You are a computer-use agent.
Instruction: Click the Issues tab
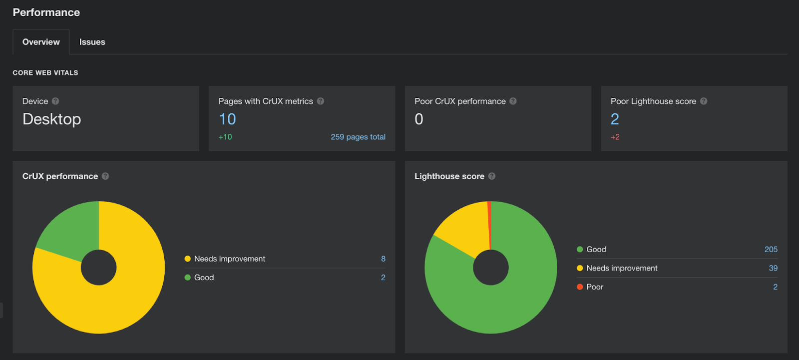(92, 42)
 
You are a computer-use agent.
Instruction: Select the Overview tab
(41, 42)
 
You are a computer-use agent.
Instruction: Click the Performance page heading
(46, 12)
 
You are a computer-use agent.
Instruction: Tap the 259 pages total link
(358, 137)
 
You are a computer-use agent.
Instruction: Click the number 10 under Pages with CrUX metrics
(227, 119)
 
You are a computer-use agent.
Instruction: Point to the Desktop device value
(51, 119)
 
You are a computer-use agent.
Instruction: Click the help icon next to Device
(55, 101)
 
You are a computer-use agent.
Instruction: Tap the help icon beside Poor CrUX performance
(513, 101)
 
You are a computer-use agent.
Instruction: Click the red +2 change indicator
(615, 137)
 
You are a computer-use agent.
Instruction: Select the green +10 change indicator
(225, 137)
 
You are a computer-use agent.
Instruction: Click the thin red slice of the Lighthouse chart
(489, 220)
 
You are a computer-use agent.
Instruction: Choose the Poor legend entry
(594, 287)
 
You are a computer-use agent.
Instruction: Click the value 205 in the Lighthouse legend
(771, 250)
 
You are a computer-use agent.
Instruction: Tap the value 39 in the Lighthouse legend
(773, 268)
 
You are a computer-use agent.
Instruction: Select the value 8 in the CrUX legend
(383, 259)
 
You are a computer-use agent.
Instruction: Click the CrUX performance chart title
(60, 176)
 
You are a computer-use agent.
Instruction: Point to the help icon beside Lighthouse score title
(492, 176)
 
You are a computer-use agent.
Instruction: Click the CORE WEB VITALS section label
(45, 73)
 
